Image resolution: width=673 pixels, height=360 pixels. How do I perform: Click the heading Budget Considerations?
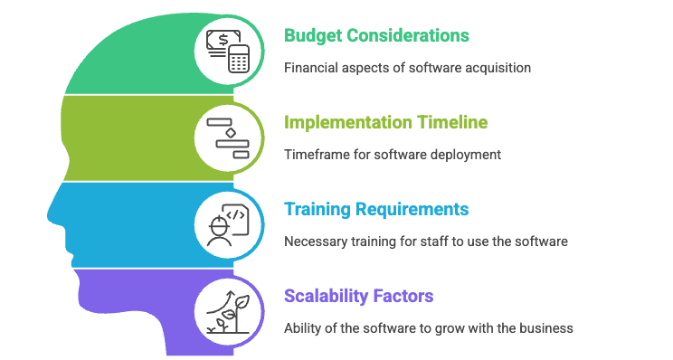tap(376, 35)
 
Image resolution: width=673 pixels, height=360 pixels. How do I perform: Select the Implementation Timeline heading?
tap(386, 123)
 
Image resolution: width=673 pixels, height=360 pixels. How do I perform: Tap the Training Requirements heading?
tap(376, 209)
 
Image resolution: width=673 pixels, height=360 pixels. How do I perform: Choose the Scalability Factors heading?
tap(359, 296)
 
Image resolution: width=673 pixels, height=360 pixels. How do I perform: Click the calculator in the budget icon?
tap(239, 59)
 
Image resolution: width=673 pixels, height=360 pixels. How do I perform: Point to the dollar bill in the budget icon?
tap(222, 41)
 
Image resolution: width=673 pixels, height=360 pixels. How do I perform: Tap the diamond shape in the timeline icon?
tap(231, 133)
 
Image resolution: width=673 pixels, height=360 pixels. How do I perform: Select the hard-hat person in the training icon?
tap(219, 231)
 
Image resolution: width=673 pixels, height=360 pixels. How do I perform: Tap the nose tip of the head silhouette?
tap(49, 214)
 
